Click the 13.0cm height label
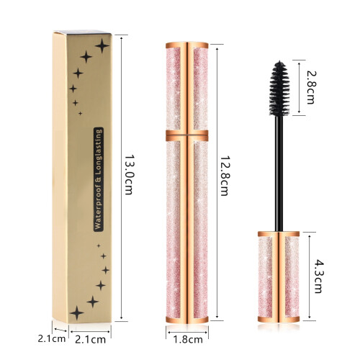[x=129, y=174]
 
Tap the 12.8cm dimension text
[x=225, y=176]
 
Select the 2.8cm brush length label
[x=310, y=88]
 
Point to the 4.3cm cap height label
[x=318, y=276]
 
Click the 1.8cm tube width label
[x=188, y=339]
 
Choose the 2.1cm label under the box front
[x=90, y=339]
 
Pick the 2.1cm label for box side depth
[x=51, y=338]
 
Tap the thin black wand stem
[x=279, y=174]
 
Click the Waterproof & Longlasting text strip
[x=99, y=179]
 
